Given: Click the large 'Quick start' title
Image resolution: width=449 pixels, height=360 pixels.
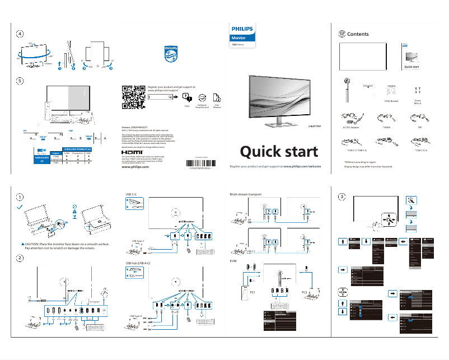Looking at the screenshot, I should click(x=279, y=152).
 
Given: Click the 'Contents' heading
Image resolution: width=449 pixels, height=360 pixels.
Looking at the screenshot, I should click(x=358, y=34).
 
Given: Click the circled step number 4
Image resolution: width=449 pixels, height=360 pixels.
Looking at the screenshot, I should click(x=20, y=34).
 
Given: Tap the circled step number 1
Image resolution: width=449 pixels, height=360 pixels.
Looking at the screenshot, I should click(x=20, y=197).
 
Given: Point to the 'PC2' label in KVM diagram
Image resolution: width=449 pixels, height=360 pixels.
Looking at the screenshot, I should click(x=305, y=292).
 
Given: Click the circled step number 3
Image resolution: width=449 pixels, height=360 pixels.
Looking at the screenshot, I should click(x=342, y=197).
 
